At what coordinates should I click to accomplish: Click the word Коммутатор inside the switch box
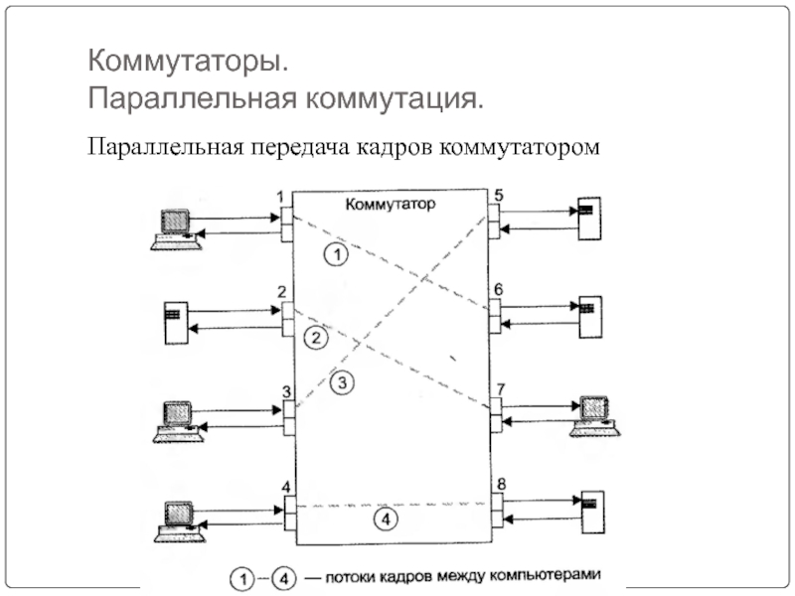click(392, 205)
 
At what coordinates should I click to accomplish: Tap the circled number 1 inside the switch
click(337, 255)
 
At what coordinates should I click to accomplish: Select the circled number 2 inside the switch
click(315, 339)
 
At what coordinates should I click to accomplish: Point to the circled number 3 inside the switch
click(340, 380)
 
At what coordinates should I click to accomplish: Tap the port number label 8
click(501, 484)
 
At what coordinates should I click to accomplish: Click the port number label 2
click(282, 291)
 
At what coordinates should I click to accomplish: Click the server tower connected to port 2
click(173, 321)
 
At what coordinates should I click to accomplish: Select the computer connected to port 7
click(594, 414)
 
